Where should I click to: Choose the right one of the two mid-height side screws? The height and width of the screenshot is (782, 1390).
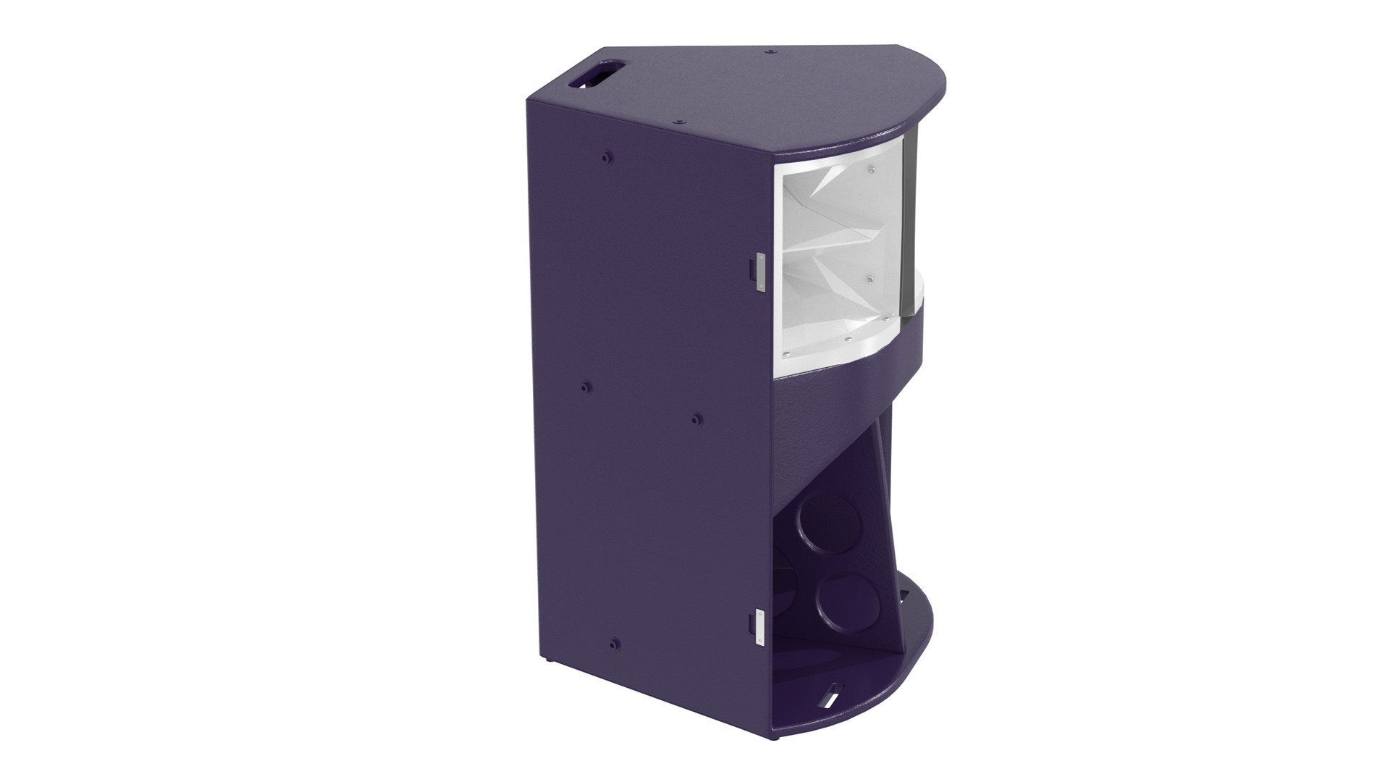coord(696,418)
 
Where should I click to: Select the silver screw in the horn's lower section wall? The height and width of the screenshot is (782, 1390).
coord(870,278)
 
